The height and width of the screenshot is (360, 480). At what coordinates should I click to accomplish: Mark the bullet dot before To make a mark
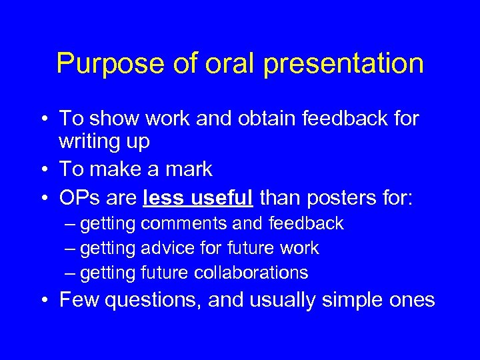tap(43, 170)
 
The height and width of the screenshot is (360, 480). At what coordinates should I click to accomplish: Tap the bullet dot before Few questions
tap(43, 301)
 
